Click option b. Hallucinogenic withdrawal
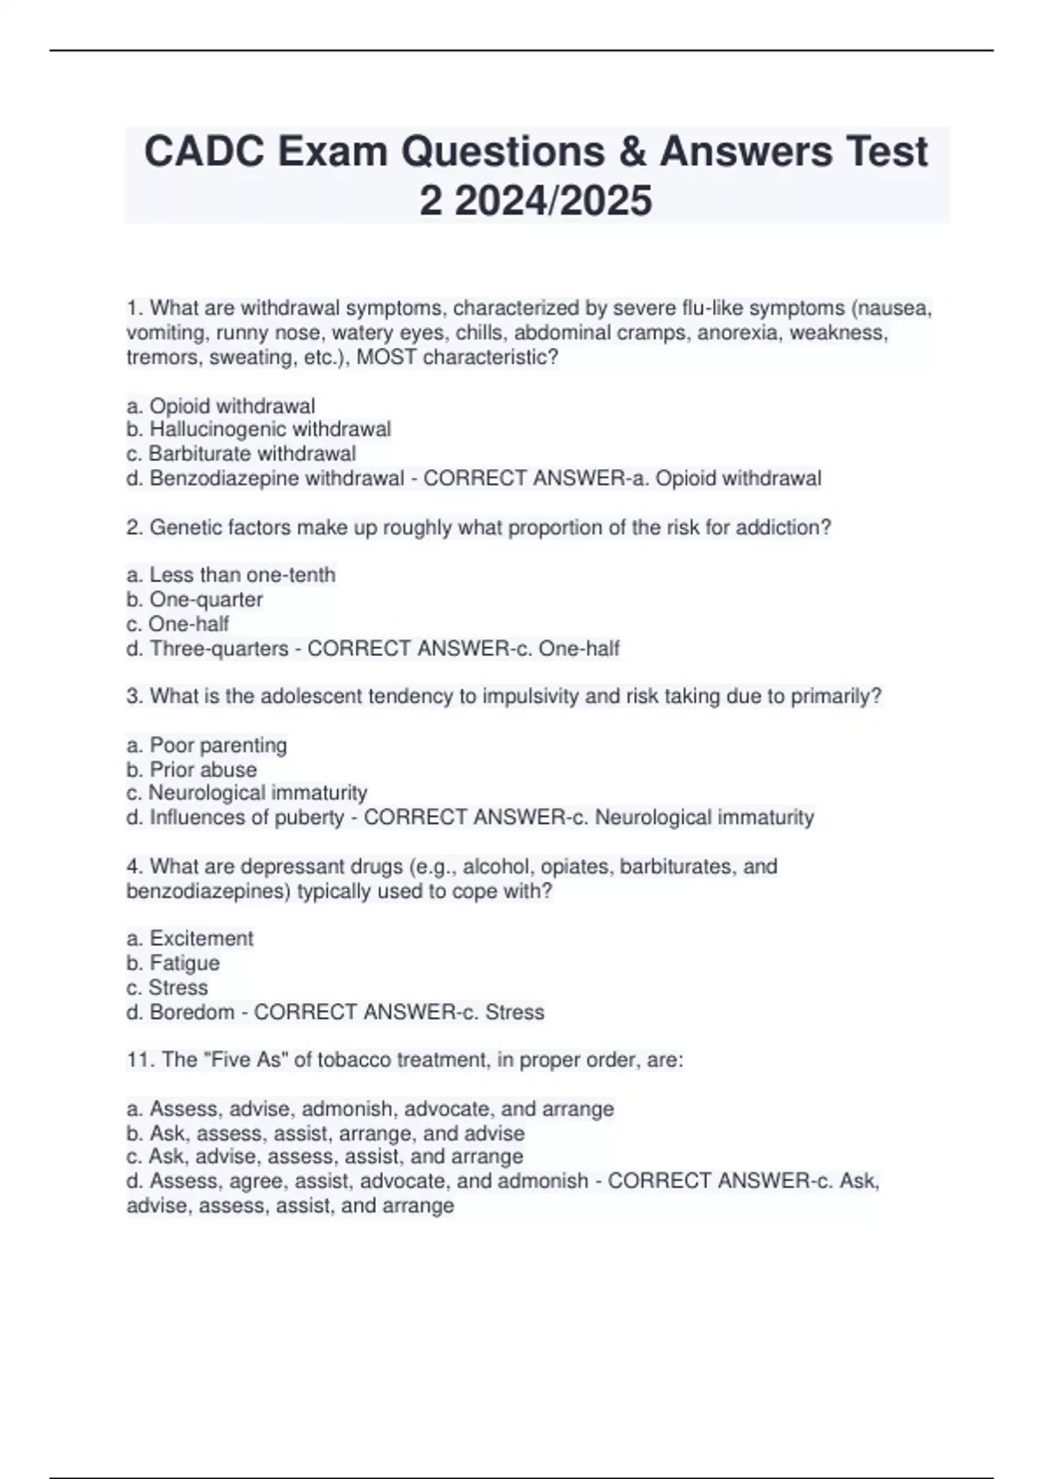258,429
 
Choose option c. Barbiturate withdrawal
241,453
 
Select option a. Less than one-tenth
231,574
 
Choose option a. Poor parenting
206,745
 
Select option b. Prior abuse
191,769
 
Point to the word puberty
310,817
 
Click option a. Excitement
190,938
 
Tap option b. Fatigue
173,962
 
